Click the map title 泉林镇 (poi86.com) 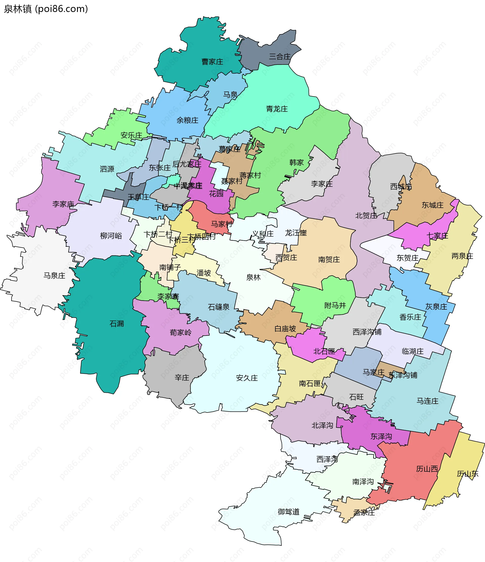[x=46, y=9]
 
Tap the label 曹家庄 [x=212, y=62]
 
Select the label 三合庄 [x=279, y=57]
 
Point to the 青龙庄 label [x=277, y=109]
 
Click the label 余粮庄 [x=187, y=120]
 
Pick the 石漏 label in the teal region [x=116, y=323]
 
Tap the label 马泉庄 [x=54, y=276]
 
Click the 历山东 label [x=467, y=473]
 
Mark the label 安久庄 [x=247, y=378]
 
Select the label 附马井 [x=335, y=306]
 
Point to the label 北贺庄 [x=366, y=216]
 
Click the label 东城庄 [x=432, y=205]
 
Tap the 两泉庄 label [x=462, y=256]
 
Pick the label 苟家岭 [x=180, y=333]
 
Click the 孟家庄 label [x=364, y=513]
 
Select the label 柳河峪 [x=111, y=236]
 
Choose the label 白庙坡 [x=285, y=329]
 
